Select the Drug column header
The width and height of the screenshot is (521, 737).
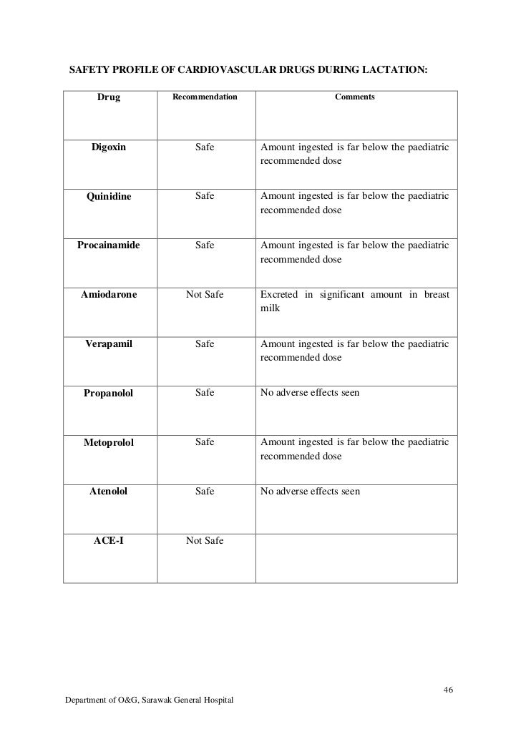[109, 97]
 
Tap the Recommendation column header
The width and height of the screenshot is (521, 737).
[205, 96]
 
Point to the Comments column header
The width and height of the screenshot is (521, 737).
[355, 96]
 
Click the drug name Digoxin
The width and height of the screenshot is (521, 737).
[108, 148]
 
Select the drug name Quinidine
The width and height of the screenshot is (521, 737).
[109, 197]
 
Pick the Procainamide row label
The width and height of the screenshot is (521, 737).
[109, 245]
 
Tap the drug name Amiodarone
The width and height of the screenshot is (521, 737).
[109, 294]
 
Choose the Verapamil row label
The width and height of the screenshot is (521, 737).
[109, 344]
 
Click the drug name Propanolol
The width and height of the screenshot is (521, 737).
[109, 393]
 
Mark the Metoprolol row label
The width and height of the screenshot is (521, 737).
[109, 443]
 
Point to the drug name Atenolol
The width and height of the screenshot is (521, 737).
[109, 492]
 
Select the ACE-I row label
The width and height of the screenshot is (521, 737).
[109, 541]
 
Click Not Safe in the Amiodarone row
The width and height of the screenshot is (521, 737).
[205, 294]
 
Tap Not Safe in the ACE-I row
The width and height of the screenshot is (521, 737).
[205, 541]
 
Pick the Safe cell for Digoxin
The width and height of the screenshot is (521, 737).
[205, 148]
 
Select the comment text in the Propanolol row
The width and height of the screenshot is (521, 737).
[310, 393]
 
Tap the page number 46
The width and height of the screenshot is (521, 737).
[449, 690]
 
